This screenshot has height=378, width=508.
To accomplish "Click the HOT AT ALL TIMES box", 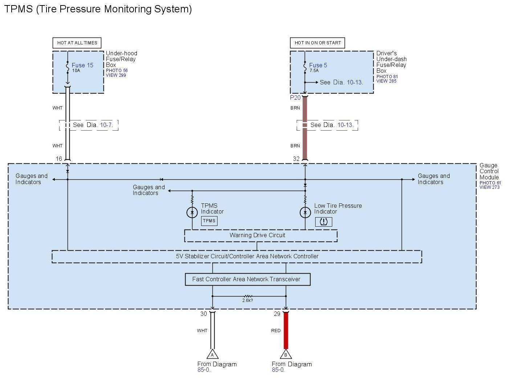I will (77, 43).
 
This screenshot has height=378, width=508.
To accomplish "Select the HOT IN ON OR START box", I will (317, 43).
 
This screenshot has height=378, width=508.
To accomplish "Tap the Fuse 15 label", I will (82, 65).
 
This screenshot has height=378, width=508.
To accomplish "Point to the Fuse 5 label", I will (318, 65).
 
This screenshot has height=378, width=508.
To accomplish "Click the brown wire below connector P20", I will (305, 127).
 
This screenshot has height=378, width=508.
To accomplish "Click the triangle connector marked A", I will (212, 354).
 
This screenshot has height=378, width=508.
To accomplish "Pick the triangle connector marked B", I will (286, 354).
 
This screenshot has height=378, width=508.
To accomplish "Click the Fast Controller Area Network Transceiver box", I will (248, 279).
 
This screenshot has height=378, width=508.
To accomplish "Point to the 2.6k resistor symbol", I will (248, 297).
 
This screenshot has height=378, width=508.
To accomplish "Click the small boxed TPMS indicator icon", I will (209, 221).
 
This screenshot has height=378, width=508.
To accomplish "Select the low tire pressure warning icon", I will (324, 222).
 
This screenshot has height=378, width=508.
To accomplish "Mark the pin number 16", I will (59, 159).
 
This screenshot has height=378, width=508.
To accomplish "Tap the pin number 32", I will (296, 159).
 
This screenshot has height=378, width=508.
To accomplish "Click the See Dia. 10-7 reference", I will (93, 125).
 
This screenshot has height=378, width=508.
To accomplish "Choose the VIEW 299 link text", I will (116, 75).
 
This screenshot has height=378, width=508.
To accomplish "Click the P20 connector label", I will (295, 98).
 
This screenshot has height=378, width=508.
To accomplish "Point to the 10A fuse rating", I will (76, 71).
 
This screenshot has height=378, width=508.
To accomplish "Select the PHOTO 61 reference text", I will (490, 183).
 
